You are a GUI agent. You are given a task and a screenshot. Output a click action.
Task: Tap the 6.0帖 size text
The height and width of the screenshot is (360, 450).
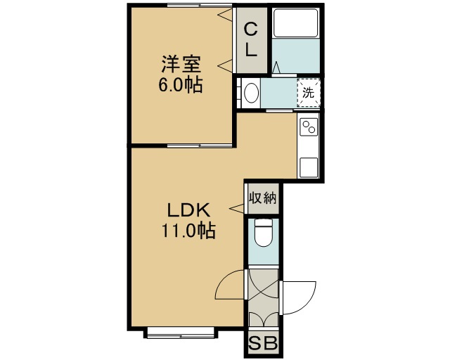pyautogui.click(x=181, y=84)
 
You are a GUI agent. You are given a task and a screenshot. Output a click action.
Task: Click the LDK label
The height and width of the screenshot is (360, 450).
pyautogui.click(x=189, y=210)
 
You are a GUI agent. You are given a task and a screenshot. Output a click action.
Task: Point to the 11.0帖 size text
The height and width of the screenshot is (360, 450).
pyautogui.click(x=188, y=231)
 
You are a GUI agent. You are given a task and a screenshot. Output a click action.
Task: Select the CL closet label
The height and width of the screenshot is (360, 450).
pyautogui.click(x=251, y=40)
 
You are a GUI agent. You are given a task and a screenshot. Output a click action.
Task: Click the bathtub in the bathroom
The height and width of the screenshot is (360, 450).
pyautogui.click(x=295, y=23)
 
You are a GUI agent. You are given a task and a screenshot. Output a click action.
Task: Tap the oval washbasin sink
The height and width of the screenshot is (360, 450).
pyautogui.click(x=252, y=93)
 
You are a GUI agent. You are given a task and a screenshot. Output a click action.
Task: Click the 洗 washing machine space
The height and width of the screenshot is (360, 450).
pyautogui.click(x=309, y=92)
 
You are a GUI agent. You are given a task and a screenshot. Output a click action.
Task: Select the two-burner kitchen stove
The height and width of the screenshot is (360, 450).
pyautogui.click(x=309, y=127)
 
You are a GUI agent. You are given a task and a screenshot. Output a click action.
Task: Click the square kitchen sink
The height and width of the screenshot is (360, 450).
pyautogui.click(x=309, y=167)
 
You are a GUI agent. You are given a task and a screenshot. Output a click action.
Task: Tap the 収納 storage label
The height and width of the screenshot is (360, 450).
pyautogui.click(x=262, y=198)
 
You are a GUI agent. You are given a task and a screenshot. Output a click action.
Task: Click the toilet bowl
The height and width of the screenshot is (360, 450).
pyautogui.click(x=263, y=233)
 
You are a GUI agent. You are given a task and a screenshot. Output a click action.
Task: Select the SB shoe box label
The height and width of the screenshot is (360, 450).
pyautogui.click(x=263, y=343)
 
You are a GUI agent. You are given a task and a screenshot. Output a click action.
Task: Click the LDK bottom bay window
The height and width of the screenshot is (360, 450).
pyautogui.click(x=181, y=333)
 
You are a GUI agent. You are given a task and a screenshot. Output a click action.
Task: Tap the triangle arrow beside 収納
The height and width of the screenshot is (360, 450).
pyautogui.click(x=237, y=208)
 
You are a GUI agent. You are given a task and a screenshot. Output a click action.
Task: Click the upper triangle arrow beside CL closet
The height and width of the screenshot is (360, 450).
pyautogui.click(x=226, y=14)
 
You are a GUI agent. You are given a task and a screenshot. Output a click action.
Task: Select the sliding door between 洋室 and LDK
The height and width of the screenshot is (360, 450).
pyautogui.click(x=200, y=146)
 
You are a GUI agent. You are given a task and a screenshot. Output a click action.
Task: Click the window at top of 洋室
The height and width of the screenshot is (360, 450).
pyautogui.click(x=200, y=5)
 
